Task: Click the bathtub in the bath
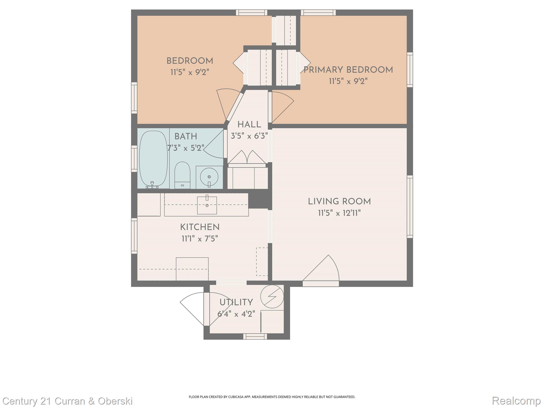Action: pos(153,159)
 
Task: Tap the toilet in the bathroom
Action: pos(182,175)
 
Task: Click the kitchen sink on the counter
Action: pos(207,205)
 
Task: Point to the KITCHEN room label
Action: pos(200,227)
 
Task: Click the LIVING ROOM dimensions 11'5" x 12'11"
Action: pos(339,213)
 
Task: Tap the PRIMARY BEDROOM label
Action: pos(348,70)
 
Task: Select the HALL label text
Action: pos(249,125)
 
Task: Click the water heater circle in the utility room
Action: pos(272,296)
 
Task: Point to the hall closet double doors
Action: pos(247,158)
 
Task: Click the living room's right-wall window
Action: pos(410,207)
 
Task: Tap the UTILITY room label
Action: pos(236,303)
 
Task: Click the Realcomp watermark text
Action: pos(516,401)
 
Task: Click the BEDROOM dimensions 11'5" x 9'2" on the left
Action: pos(190,72)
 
